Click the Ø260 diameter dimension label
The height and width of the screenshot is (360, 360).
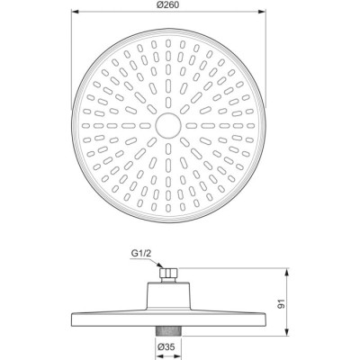pos(168,5)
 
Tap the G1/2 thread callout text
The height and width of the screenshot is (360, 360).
pos(140,254)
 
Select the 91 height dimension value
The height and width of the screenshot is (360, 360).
pos(283,303)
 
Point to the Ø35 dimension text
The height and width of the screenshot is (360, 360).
pos(166,347)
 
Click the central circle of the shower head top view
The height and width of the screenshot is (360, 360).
pos(168,125)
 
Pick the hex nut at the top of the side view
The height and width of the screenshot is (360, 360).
pos(169,273)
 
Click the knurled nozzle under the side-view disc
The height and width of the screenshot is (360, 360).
pos(168,331)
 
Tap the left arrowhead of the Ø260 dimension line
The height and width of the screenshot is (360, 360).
pos(75,12)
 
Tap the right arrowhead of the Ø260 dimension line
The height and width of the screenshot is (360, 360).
pos(262,12)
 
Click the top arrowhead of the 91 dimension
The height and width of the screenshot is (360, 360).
pos(288,272)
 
